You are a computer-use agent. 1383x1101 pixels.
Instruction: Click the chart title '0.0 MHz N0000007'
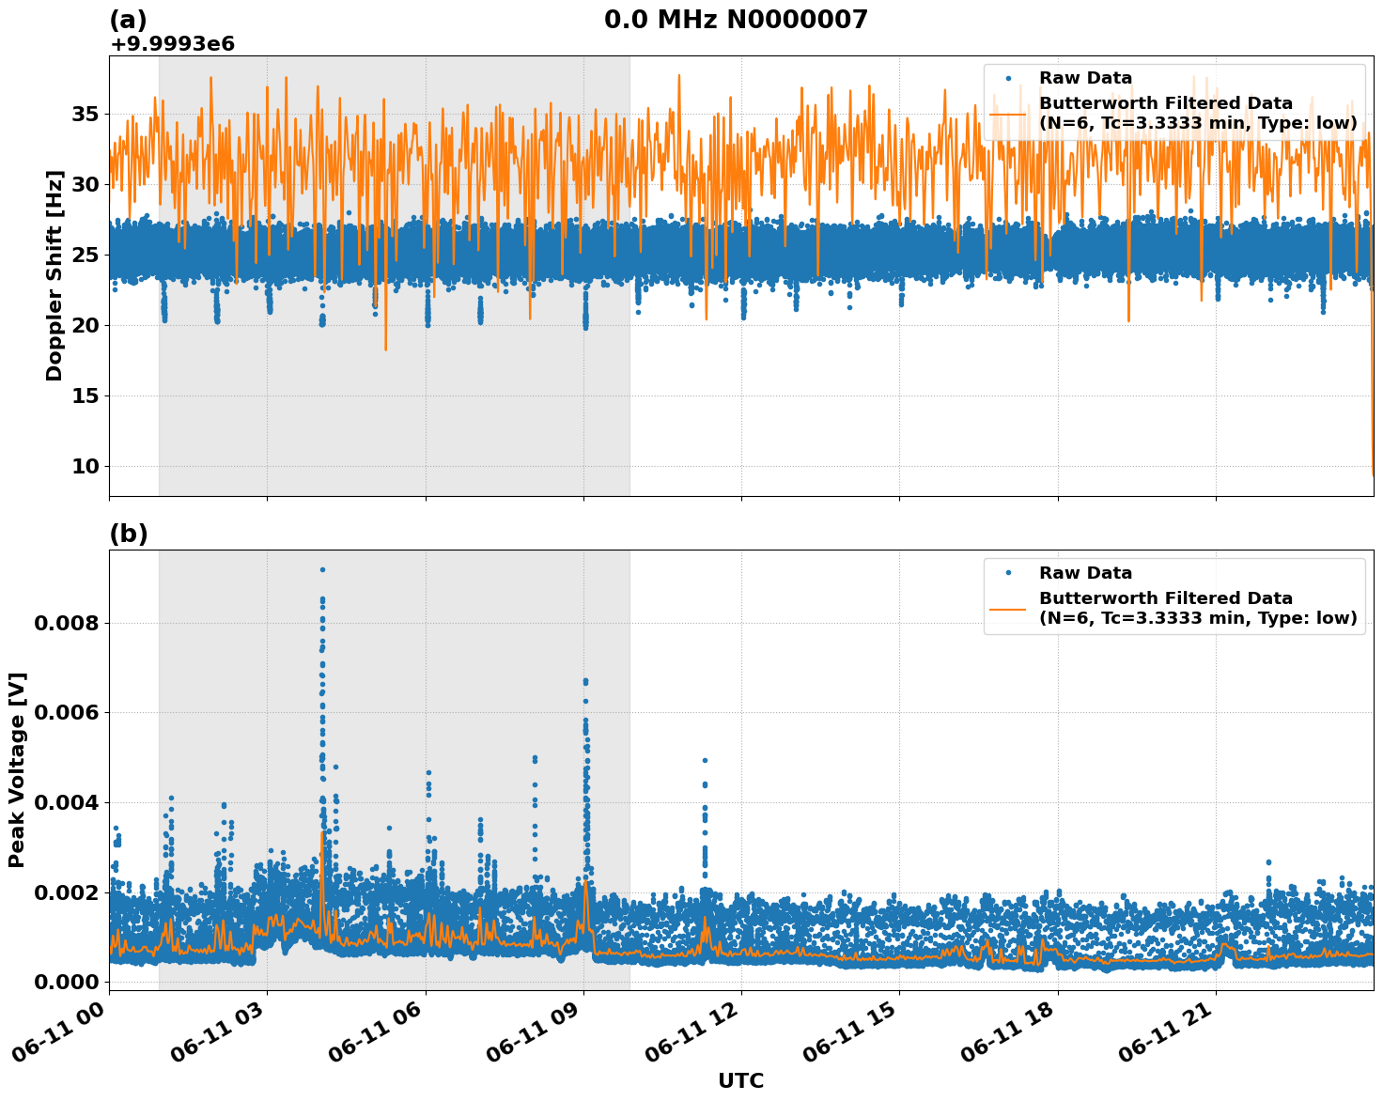pos(736,20)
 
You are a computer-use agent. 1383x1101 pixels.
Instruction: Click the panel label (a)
pos(128,20)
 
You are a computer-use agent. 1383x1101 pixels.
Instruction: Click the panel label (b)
pos(128,534)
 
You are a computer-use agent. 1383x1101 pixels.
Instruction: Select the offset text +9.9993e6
pos(172,43)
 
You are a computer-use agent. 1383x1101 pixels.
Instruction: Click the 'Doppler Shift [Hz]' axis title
pos(54,275)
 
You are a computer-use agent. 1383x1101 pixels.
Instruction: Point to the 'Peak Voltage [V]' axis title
pos(17,769)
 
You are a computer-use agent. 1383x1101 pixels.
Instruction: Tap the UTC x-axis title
pos(740,1080)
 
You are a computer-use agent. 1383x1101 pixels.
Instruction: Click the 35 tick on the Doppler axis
pos(85,115)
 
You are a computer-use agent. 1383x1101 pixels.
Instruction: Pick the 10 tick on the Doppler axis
pos(85,467)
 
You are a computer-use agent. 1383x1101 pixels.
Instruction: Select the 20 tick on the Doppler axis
pos(85,326)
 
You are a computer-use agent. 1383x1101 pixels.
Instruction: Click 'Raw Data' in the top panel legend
pos(1085,78)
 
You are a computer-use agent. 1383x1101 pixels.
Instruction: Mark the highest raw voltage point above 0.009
pos(322,569)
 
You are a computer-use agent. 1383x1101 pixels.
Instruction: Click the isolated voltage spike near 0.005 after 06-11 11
pos(705,760)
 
